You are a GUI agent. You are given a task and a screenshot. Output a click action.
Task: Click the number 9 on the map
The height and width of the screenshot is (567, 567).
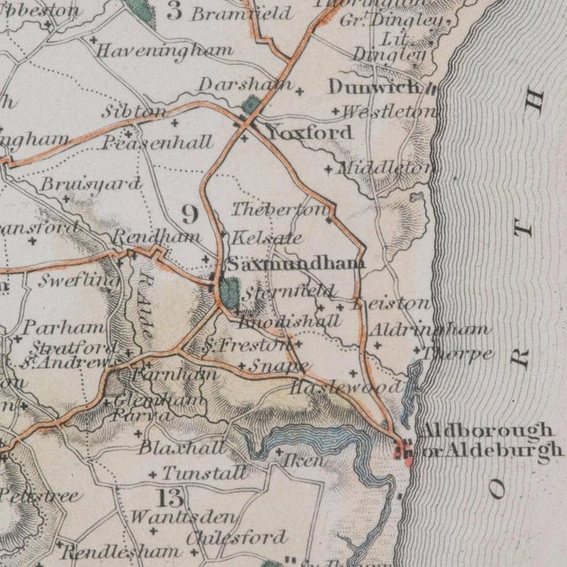click(189, 214)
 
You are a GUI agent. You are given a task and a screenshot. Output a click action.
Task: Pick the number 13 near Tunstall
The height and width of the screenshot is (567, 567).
click(168, 496)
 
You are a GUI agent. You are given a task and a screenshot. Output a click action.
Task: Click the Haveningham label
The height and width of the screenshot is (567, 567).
click(165, 50)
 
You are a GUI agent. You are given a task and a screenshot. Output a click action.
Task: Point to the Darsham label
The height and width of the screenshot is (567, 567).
click(234, 83)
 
